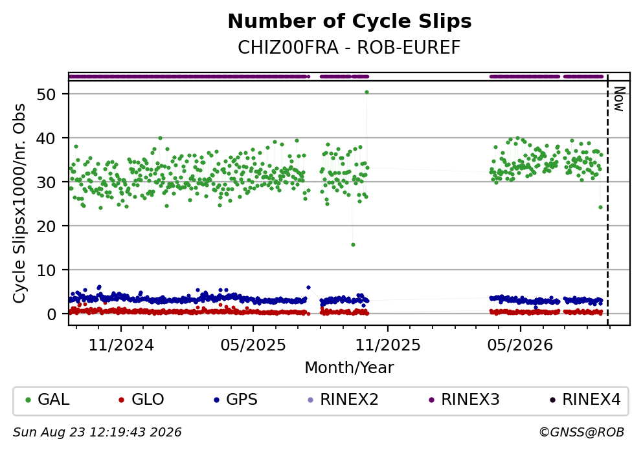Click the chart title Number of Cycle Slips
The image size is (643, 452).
[x=350, y=21]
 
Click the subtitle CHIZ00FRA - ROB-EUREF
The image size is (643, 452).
[x=350, y=47]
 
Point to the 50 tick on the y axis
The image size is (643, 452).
[x=46, y=94]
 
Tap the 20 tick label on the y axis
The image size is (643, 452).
[x=46, y=226]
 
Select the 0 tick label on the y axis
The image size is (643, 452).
[x=51, y=314]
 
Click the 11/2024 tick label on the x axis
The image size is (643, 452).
[x=121, y=345]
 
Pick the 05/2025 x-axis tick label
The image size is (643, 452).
[x=253, y=345]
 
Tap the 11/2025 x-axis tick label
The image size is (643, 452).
[x=388, y=345]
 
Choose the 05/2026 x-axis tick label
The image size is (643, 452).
[x=520, y=345]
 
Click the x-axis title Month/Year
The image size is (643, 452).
[x=350, y=368]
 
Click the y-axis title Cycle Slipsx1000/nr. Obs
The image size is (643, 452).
[x=19, y=204]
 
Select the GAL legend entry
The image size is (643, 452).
[x=47, y=399]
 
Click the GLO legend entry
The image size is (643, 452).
[x=141, y=399]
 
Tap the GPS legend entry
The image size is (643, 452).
[x=236, y=399]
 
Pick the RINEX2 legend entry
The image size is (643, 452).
[x=343, y=399]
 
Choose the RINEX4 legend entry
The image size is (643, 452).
[x=585, y=399]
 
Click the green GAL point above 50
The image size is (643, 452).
[x=367, y=92]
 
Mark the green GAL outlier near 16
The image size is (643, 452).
[x=353, y=245]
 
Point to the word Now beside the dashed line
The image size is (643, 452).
[x=619, y=99]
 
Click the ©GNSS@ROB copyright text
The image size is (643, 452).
[x=581, y=433]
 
